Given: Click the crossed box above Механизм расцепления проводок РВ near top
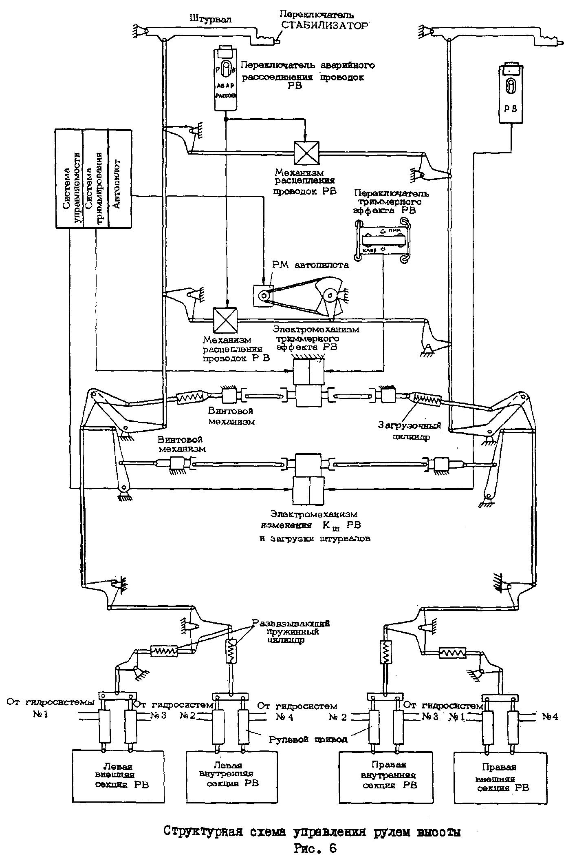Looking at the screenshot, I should [307, 153].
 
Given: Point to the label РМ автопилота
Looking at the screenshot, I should [311, 266].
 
